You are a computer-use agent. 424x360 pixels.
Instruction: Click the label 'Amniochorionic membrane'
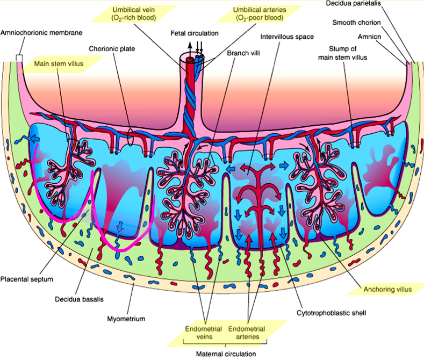point(41,33)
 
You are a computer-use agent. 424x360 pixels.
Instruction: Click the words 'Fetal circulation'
point(195,33)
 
